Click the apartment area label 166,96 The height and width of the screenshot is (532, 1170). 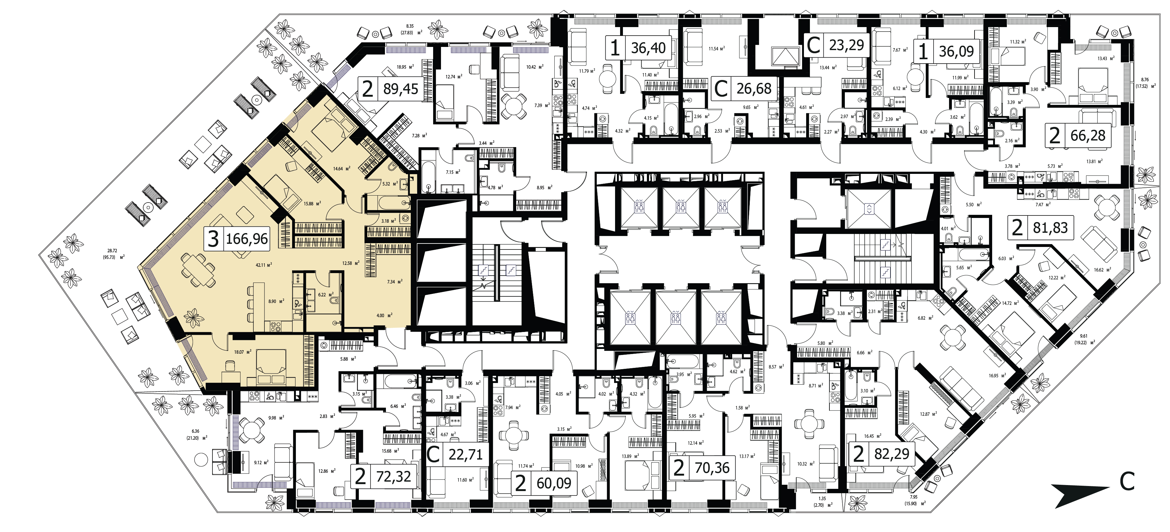click(x=247, y=238)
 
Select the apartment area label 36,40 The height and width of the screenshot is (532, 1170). click(x=648, y=48)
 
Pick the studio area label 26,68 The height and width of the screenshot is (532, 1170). click(x=754, y=89)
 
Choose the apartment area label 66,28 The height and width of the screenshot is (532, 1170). click(x=1088, y=135)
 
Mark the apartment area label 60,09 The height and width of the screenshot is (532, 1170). click(x=554, y=483)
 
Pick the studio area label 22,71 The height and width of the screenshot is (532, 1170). click(x=466, y=454)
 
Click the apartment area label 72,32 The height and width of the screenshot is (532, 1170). click(x=393, y=477)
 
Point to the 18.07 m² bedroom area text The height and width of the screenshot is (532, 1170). click(x=243, y=352)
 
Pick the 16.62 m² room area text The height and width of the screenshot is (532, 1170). click(x=1102, y=269)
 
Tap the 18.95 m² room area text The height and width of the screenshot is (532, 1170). click(x=405, y=67)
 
